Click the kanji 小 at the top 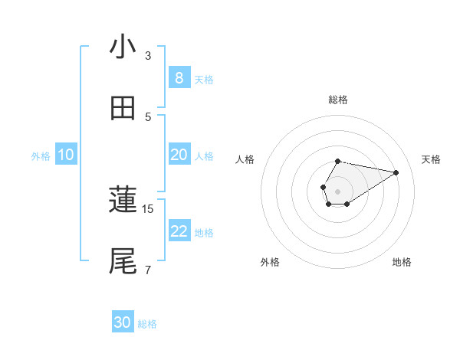tap(123, 47)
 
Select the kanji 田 tap(123, 109)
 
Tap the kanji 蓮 tap(123, 201)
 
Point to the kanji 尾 tap(123, 261)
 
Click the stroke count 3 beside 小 tap(148, 55)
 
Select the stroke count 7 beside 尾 tap(148, 270)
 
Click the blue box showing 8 tap(179, 77)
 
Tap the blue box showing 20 tap(179, 155)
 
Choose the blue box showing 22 tap(179, 231)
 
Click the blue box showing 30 tap(123, 322)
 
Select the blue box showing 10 tap(65, 155)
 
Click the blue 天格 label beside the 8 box tap(204, 79)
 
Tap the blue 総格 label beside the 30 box tap(147, 324)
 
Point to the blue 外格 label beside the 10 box tap(41, 156)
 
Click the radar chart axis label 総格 tap(338, 100)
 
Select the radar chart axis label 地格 tap(402, 262)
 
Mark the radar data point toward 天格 tap(396, 172)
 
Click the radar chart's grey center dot tap(337, 190)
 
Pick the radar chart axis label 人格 tap(245, 159)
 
